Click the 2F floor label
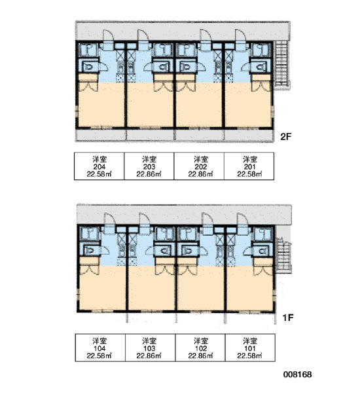click(285, 137)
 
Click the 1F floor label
click(287, 318)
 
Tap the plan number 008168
click(298, 375)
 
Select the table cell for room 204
click(99, 166)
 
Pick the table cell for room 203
click(149, 166)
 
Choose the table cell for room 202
click(199, 166)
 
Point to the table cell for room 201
click(249, 166)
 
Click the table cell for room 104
click(100, 348)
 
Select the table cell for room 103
click(151, 348)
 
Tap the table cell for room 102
click(200, 348)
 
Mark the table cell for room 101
click(250, 348)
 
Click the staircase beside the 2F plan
click(281, 65)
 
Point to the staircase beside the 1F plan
click(283, 255)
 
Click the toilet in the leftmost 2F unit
click(88, 67)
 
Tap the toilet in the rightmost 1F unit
click(262, 251)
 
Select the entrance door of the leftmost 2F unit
click(109, 35)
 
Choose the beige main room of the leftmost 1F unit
click(103, 288)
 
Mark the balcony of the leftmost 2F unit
click(100, 136)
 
